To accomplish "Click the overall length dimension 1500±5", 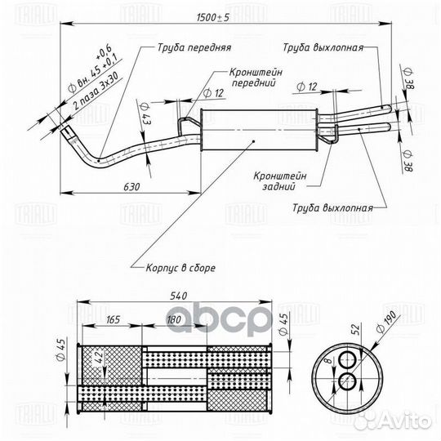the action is [x=213, y=18].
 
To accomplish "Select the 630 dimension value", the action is [x=131, y=187].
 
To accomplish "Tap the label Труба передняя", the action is [x=194, y=47].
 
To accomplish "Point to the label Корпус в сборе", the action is [x=180, y=268].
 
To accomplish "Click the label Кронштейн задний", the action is [x=280, y=181].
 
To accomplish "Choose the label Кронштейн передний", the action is [x=256, y=78].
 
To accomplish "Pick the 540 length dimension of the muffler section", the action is [x=178, y=296].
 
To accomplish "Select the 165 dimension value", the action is [x=113, y=320].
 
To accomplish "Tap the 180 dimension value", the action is [x=174, y=320].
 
